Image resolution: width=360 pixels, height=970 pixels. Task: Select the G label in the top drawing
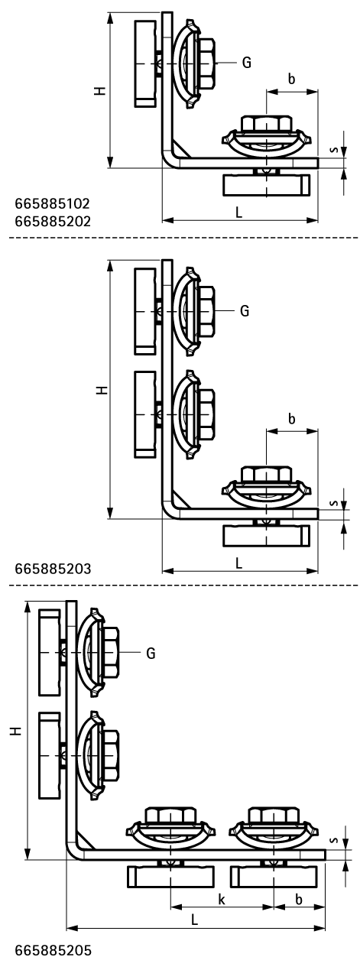(x=246, y=63)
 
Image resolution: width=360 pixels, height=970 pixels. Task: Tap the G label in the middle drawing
(x=245, y=311)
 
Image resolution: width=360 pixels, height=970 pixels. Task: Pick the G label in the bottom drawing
(x=151, y=653)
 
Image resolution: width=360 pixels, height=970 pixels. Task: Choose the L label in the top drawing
(x=239, y=213)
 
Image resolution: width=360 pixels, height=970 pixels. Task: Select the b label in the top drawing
(x=291, y=79)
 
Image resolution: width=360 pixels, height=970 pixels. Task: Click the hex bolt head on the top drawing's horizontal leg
(x=265, y=124)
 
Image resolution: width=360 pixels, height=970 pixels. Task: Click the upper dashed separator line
(x=180, y=238)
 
